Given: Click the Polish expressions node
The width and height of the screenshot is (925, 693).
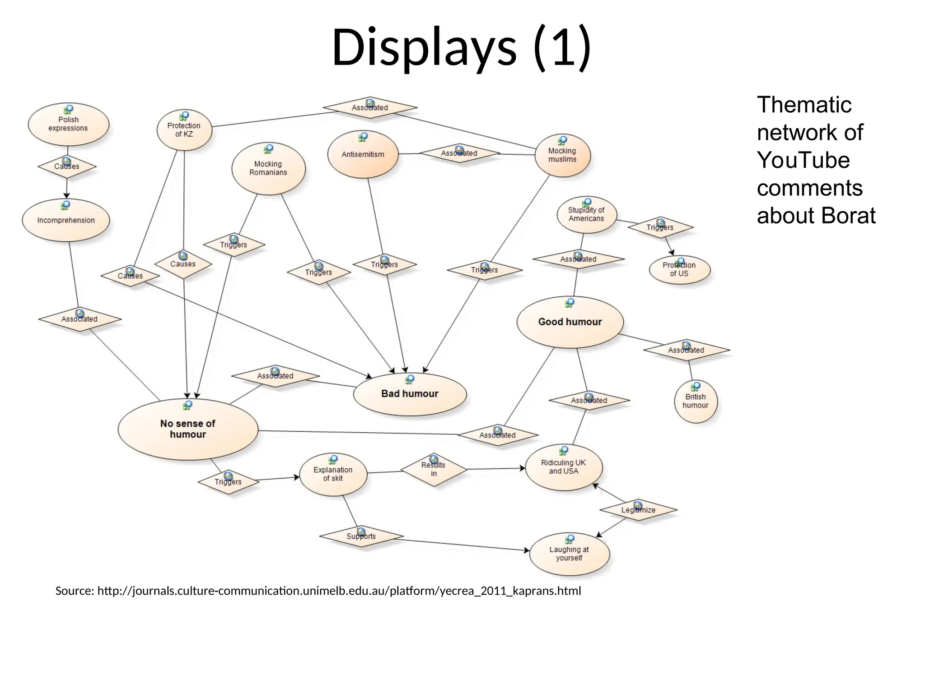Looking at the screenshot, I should coord(68,124).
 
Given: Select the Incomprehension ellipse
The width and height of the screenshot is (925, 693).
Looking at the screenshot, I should coord(66,220).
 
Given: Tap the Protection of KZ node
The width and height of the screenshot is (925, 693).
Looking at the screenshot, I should coord(184,130).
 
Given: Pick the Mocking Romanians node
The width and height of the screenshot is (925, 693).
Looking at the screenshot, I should coord(268,168).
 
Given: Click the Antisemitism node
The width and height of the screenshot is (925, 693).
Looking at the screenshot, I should coord(363,154).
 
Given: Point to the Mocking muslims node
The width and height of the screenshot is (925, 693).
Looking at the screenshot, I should coord(562,155).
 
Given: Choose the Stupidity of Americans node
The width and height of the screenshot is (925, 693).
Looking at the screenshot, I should coord(586,215).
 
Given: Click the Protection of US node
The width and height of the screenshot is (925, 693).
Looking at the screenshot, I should coord(679,270).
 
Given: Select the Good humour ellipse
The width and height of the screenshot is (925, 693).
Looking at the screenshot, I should coord(570,322).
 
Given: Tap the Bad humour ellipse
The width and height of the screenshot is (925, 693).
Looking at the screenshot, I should coord(410,394).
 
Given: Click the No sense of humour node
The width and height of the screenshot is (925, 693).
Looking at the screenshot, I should coord(188,429).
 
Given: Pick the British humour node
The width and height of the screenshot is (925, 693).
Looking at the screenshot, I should coord(695,401).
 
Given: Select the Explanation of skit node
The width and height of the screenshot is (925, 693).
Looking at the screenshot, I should coord(333,474).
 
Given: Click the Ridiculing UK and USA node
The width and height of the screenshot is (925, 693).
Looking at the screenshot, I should coord(563,467).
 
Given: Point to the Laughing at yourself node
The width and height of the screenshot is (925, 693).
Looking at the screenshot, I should coord(569,554).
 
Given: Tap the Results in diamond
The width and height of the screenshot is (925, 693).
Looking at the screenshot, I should coord(434,470).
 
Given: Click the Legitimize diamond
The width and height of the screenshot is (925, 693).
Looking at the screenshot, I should coord(638,510).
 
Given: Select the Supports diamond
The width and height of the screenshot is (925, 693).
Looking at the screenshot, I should coord(361,536).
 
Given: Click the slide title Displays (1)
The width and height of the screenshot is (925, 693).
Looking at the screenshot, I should coord(461,47).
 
